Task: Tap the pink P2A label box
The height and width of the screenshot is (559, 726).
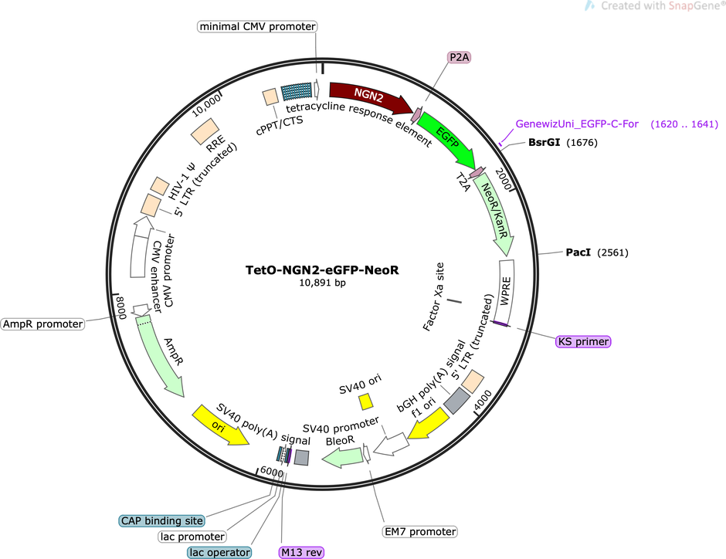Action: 459,57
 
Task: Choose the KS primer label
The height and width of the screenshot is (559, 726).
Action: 583,341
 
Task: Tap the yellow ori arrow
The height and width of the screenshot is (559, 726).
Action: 219,425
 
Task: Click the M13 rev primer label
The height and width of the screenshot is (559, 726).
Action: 301,552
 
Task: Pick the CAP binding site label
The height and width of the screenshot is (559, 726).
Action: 161,520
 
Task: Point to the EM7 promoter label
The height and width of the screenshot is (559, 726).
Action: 420,532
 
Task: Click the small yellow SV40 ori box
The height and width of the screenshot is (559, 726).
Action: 366,401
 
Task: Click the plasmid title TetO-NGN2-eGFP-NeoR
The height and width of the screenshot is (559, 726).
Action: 322,269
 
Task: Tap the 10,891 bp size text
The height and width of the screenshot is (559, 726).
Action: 322,283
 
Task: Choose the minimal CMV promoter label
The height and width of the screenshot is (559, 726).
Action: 257,26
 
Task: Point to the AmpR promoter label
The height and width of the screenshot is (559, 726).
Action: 42,324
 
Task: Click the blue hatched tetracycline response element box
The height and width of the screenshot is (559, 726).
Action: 297,91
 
